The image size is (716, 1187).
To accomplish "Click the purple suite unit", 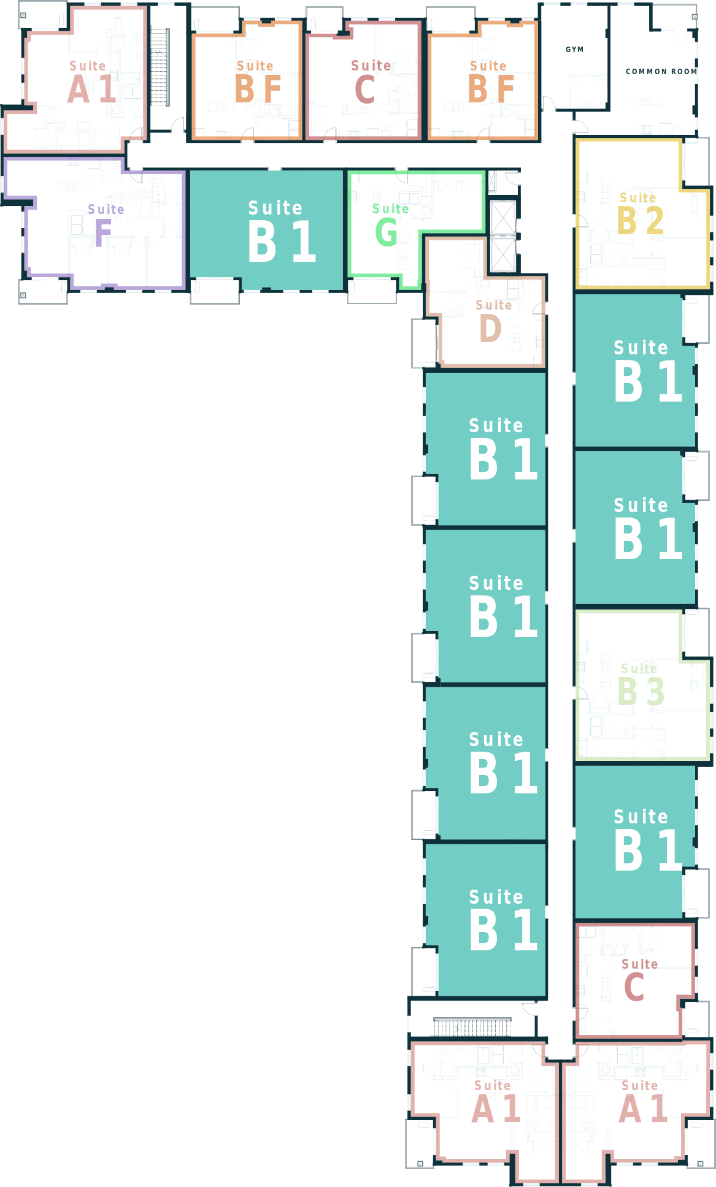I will click(104, 224).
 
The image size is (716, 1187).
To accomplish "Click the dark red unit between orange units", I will click(363, 80).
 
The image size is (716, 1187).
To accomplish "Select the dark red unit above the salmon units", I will click(635, 981).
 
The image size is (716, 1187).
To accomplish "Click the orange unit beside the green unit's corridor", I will click(483, 80).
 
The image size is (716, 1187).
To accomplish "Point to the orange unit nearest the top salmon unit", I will click(247, 80).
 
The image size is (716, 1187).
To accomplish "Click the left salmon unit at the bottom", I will click(485, 1110).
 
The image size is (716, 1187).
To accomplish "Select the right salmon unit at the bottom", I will click(635, 1110).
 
